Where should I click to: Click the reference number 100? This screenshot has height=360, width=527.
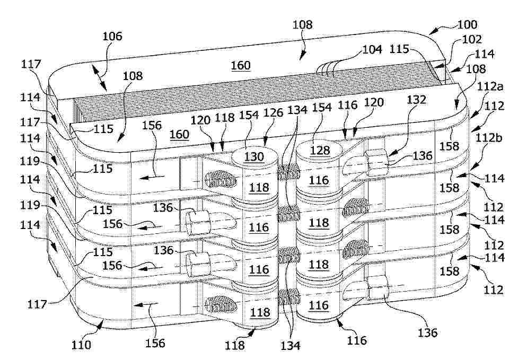pyautogui.click(x=467, y=24)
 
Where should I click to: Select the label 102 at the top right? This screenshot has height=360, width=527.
pyautogui.click(x=472, y=39)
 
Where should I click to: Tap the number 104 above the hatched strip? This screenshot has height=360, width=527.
pyautogui.click(x=372, y=49)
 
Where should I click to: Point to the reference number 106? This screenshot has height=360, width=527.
pyautogui.click(x=112, y=36)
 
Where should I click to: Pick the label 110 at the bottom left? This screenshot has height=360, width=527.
pyautogui.click(x=81, y=345)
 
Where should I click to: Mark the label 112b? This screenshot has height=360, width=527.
pyautogui.click(x=489, y=138)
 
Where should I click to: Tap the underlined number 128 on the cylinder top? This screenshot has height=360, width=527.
pyautogui.click(x=320, y=150)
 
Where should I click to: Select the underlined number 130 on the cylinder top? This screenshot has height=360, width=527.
pyautogui.click(x=254, y=156)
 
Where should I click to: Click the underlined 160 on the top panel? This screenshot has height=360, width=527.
pyautogui.click(x=241, y=65)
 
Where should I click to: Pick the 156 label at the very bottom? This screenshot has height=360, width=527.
pyautogui.click(x=155, y=343)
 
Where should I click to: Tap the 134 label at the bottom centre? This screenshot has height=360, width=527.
pyautogui.click(x=291, y=345)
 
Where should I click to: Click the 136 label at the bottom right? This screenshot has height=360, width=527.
pyautogui.click(x=428, y=332)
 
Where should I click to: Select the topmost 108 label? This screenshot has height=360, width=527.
pyautogui.click(x=303, y=24)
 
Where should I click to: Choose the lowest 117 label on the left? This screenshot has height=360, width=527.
pyautogui.click(x=37, y=304)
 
